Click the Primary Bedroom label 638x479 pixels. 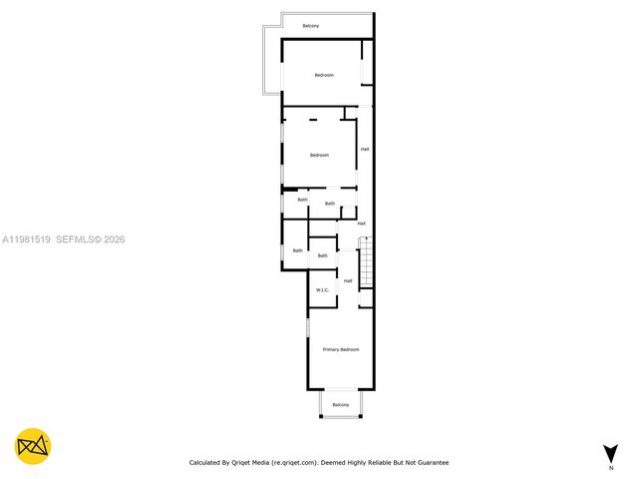point(340,349)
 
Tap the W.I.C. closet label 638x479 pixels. point(322,289)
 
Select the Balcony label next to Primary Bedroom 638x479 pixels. point(340,404)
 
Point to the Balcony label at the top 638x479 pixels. point(311,25)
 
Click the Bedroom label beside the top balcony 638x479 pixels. point(324,76)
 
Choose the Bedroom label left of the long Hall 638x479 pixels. point(319,155)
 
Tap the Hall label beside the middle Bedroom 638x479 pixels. point(365,150)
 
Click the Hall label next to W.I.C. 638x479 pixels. point(348,281)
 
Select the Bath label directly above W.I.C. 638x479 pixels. point(322,256)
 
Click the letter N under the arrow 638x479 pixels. point(610,467)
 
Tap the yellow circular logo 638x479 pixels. point(33,446)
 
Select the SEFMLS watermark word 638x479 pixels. point(74,239)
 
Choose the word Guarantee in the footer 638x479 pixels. point(432,463)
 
